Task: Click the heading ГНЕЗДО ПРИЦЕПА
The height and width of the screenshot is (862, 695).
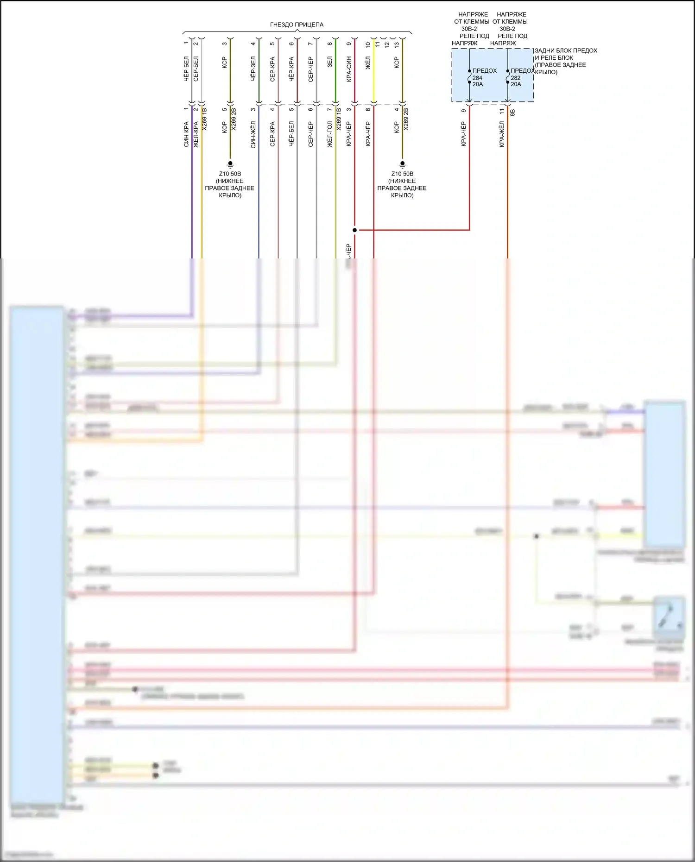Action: pos(297,25)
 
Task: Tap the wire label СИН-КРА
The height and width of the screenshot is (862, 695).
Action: pos(186,134)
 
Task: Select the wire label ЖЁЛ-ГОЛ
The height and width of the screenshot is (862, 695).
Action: pos(329,134)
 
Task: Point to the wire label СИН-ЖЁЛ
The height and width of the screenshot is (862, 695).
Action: pos(253,134)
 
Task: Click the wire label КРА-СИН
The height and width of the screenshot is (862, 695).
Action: pos(349,69)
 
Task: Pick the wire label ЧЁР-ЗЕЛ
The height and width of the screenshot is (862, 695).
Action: pos(253,69)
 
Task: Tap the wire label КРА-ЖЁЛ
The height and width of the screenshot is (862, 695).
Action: pos(501,134)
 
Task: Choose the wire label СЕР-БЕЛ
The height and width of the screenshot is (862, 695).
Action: pos(196,69)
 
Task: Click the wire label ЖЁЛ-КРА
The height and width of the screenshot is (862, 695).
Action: pos(196,134)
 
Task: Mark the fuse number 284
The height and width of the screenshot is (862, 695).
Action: pos(477,78)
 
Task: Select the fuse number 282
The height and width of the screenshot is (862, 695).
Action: pos(516,78)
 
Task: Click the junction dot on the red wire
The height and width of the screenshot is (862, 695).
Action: pos(354,230)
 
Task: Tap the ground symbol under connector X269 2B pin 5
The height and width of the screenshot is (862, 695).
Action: pos(230,164)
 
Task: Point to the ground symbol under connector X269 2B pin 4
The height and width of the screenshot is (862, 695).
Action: pos(402,164)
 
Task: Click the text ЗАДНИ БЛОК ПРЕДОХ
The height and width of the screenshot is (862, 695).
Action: pos(566,50)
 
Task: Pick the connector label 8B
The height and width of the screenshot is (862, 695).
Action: pos(512,112)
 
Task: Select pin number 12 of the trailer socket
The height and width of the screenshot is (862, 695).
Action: pos(387,45)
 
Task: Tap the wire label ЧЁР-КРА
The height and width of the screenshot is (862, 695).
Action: pos(291,69)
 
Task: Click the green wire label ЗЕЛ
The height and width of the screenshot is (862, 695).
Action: pos(329,62)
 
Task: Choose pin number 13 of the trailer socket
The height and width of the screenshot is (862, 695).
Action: pos(397,45)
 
